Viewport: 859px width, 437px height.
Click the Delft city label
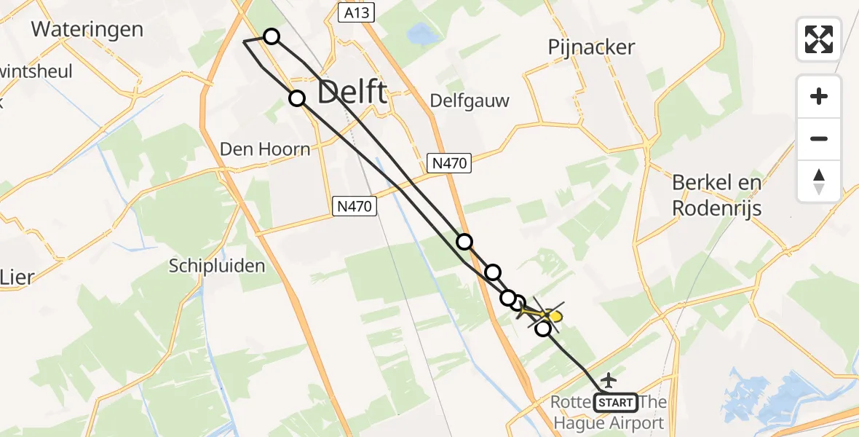pyautogui.click(x=352, y=92)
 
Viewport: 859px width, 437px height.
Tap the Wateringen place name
pyautogui.click(x=87, y=30)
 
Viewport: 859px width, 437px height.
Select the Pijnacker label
pyautogui.click(x=591, y=47)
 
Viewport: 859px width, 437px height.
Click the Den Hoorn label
pyautogui.click(x=265, y=149)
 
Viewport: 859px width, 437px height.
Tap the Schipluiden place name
pyautogui.click(x=217, y=266)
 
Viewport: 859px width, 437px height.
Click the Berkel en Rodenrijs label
pyautogui.click(x=716, y=195)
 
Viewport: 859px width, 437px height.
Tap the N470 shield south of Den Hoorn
pyautogui.click(x=355, y=207)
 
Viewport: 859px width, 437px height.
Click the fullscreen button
pyautogui.click(x=819, y=39)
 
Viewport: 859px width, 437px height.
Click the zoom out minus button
pyautogui.click(x=819, y=138)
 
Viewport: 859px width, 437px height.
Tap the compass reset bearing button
pyautogui.click(x=819, y=181)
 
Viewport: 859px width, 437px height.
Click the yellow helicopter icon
pyautogui.click(x=553, y=316)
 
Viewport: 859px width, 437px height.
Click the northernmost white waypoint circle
pyautogui.click(x=271, y=36)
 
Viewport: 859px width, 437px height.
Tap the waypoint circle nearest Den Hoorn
pyautogui.click(x=297, y=98)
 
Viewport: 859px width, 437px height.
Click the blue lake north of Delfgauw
pyautogui.click(x=420, y=34)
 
